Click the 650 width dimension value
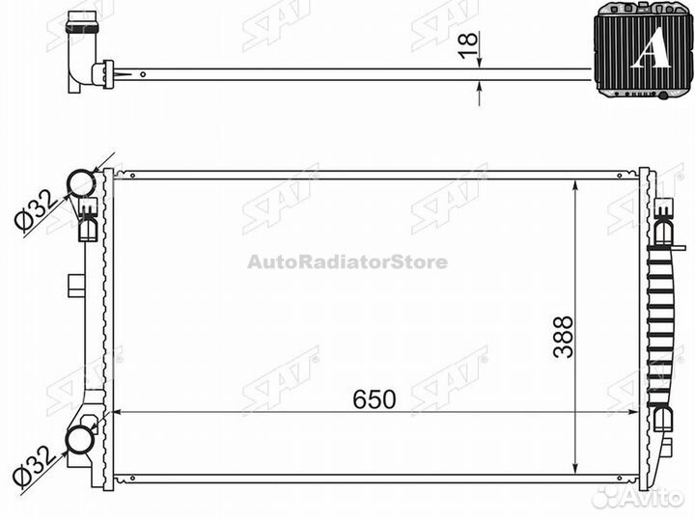374,399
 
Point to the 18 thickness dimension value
466,46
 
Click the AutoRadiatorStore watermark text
347,261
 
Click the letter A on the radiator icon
650,50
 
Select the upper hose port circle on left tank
80,183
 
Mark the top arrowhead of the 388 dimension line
576,183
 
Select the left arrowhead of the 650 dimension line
119,412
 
